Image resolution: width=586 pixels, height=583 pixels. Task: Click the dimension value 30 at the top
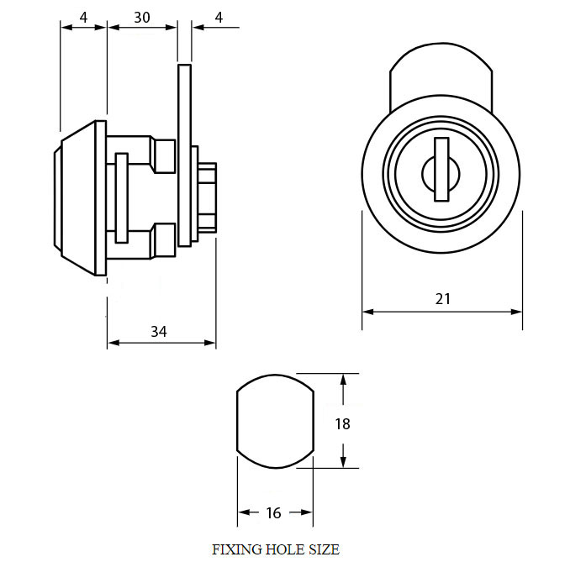[x=142, y=18]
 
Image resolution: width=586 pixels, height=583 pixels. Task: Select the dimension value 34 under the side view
[x=159, y=332]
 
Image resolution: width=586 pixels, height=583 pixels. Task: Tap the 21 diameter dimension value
[x=443, y=299]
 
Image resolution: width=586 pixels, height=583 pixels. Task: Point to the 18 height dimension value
[x=342, y=424]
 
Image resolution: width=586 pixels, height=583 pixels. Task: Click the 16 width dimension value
[x=273, y=513]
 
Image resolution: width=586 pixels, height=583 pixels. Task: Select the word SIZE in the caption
[x=324, y=549]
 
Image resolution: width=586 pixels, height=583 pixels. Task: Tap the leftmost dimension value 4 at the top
[x=84, y=18]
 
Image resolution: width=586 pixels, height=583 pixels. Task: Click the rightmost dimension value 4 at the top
[x=219, y=18]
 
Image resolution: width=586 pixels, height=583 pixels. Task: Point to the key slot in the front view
[x=441, y=169]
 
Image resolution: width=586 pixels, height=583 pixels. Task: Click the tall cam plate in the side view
[x=185, y=155]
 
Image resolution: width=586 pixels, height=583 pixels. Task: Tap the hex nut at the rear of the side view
[x=208, y=198]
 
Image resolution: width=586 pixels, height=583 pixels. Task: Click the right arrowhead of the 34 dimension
[x=210, y=343]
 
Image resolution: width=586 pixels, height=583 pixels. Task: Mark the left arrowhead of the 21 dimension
[x=368, y=312]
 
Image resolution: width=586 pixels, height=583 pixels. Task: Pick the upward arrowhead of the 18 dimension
[x=344, y=380]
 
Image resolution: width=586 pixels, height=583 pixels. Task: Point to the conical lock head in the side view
[x=77, y=198]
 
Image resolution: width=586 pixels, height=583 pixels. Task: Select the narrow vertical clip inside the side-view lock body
[x=121, y=198]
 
